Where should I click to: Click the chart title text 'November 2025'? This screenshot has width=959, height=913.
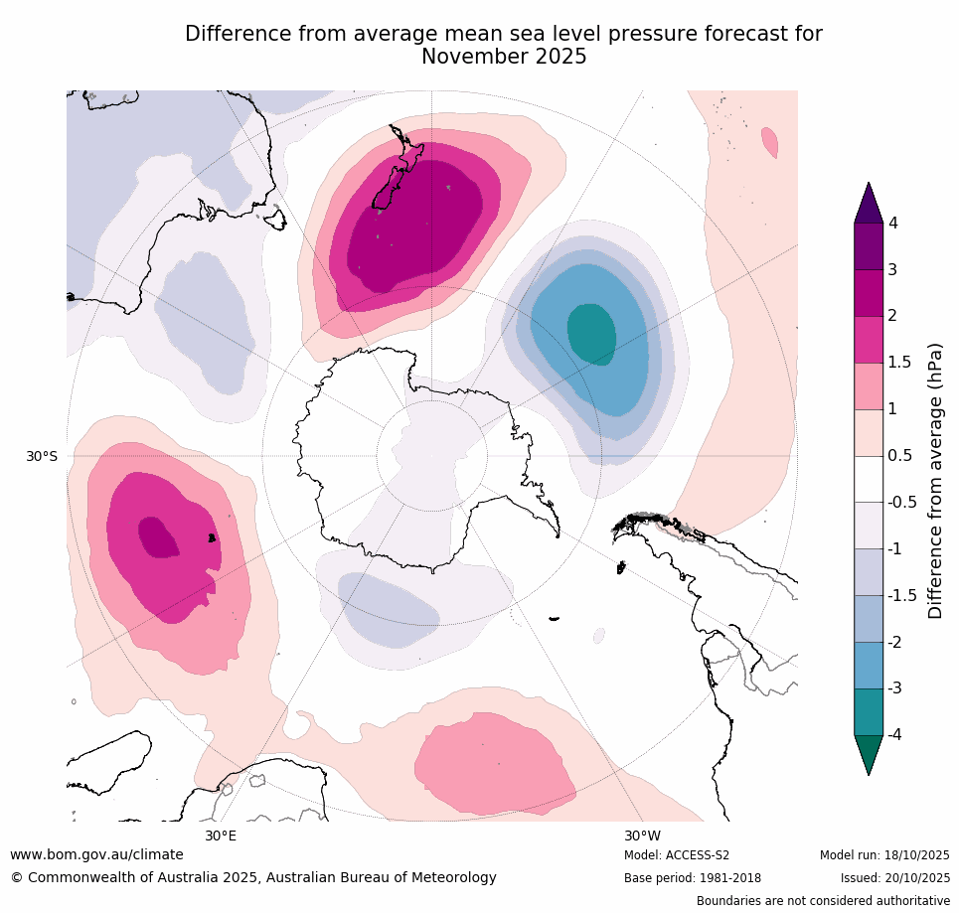504,58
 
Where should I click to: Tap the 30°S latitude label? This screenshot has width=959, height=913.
42,456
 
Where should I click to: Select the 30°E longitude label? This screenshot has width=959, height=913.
221,836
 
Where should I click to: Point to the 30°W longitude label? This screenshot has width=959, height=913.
642,836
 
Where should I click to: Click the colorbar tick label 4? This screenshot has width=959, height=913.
893,224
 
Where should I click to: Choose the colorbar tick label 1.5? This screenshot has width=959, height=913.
899,363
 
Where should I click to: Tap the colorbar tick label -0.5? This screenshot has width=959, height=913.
902,503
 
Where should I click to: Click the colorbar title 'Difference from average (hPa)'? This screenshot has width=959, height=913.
935,481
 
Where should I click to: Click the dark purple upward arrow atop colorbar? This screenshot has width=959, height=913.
869,204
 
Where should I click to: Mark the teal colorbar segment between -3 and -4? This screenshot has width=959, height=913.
869,711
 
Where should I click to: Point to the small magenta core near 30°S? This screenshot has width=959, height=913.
157,536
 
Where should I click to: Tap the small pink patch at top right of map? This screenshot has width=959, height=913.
769,142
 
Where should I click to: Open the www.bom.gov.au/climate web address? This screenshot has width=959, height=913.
96,854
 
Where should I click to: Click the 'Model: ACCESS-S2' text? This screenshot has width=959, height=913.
677,855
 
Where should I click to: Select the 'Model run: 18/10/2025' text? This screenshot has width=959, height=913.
884,855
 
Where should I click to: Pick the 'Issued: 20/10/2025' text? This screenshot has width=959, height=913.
895,878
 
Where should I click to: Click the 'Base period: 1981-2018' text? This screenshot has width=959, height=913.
692,878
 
